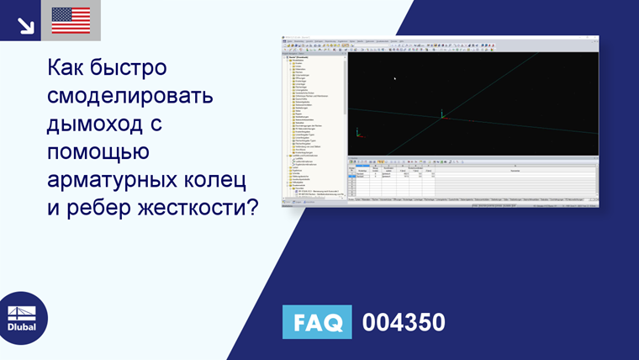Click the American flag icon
click(71, 20)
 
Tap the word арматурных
click(116, 181)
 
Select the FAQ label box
click(317, 322)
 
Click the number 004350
click(404, 322)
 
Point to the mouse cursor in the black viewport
click(395, 78)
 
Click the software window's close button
click(595, 38)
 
